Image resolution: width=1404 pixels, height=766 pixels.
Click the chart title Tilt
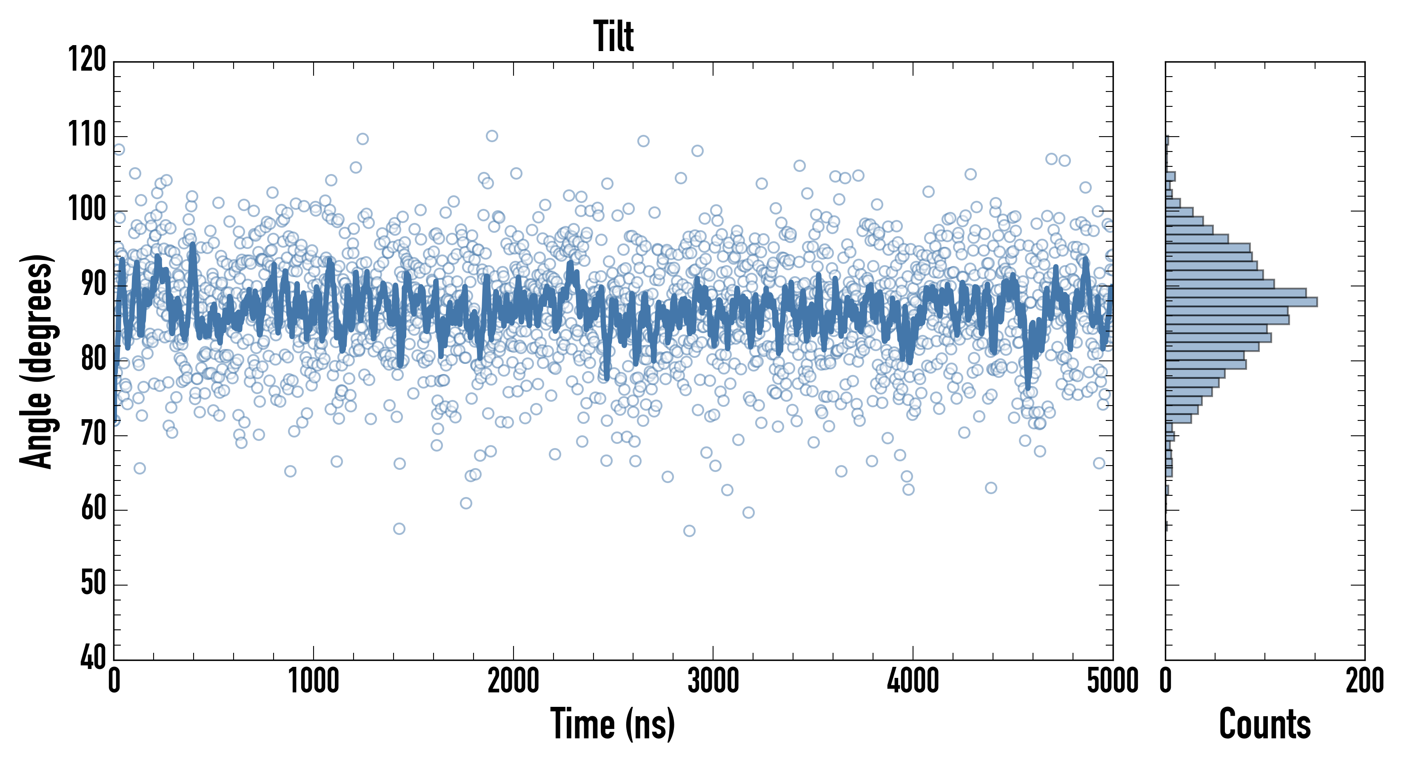(x=613, y=37)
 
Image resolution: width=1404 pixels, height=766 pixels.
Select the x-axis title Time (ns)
(x=613, y=723)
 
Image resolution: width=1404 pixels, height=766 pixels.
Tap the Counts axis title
(x=1264, y=723)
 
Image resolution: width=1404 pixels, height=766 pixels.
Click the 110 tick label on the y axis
(x=87, y=134)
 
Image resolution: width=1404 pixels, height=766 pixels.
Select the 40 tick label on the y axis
(x=93, y=658)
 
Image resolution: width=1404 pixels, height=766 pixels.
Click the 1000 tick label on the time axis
(x=314, y=681)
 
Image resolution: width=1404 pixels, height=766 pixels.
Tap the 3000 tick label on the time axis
(x=713, y=681)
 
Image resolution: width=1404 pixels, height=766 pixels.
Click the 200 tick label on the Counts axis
(x=1364, y=681)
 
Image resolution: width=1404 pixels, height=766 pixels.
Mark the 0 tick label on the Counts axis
(x=1165, y=681)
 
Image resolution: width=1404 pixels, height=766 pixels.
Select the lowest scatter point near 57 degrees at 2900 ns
(x=689, y=531)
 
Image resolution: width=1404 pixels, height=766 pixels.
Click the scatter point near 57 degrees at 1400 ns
(x=399, y=528)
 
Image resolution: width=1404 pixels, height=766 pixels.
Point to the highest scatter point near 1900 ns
(x=492, y=136)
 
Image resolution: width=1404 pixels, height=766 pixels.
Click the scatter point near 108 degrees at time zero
(x=119, y=149)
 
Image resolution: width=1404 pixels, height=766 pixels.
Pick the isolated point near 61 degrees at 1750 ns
(x=465, y=503)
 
